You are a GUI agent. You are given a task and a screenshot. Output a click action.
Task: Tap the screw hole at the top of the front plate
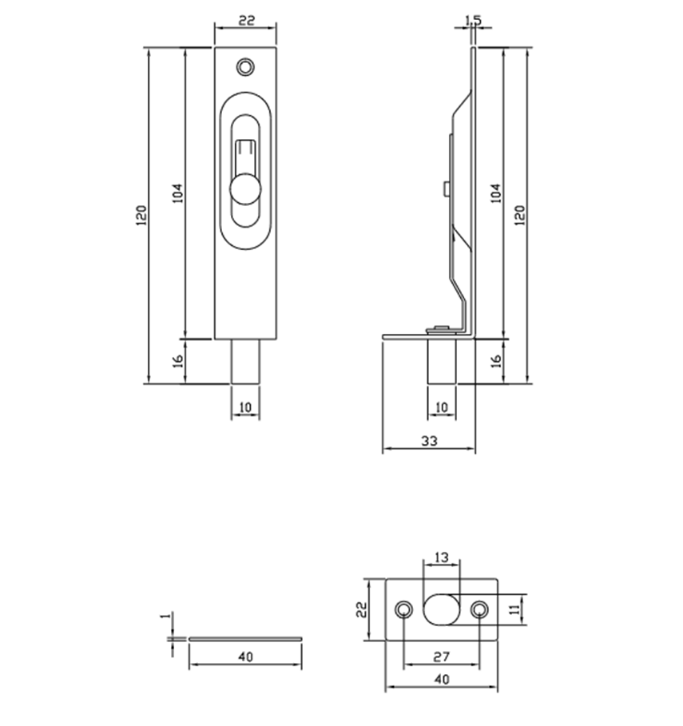click(x=247, y=66)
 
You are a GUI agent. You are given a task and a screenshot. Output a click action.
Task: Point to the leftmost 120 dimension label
click(x=141, y=216)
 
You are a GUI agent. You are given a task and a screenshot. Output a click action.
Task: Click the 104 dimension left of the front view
click(x=178, y=193)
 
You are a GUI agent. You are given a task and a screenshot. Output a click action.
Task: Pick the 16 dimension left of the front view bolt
click(x=179, y=361)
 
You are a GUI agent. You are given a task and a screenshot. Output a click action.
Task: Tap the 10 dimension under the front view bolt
click(x=245, y=407)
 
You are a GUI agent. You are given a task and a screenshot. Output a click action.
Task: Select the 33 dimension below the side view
click(x=428, y=440)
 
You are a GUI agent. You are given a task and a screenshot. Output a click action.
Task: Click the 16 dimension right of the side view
click(x=495, y=361)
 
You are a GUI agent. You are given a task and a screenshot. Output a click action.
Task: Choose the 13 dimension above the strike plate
click(x=441, y=556)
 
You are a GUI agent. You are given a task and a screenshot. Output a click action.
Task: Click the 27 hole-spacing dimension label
click(x=441, y=657)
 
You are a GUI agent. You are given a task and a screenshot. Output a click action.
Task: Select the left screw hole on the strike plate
click(x=405, y=610)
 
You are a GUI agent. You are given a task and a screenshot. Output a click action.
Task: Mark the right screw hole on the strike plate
click(x=479, y=610)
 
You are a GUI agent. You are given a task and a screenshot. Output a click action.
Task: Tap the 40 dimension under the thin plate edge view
click(x=245, y=657)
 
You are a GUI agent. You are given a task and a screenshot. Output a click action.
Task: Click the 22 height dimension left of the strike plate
click(x=360, y=609)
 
